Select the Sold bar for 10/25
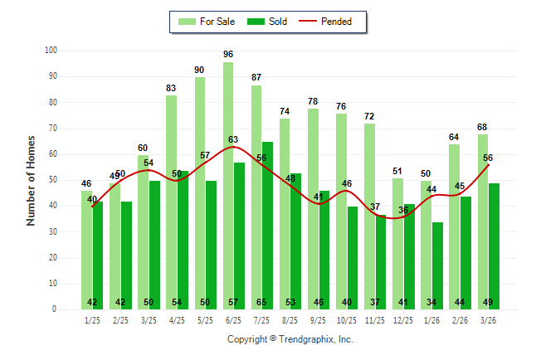coord(353,258)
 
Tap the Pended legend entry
coord(336,22)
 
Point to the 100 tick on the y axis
coord(51,51)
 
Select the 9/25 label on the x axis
coord(319,319)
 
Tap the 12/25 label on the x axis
coord(403,319)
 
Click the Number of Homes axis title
coord(31,180)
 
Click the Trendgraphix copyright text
coord(290,339)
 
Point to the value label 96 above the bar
coord(228,54)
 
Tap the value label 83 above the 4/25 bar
coord(171,87)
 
